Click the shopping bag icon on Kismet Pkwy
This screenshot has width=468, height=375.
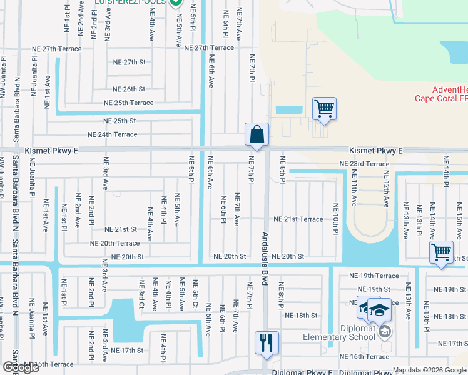coord(257,134)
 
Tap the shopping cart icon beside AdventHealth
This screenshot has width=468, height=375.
coord(324,109)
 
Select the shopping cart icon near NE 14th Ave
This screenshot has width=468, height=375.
coord(442,253)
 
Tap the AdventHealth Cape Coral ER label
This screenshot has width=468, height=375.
coord(440,94)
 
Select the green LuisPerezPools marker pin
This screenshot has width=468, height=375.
coord(176,3)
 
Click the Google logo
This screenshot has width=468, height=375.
coord(21,367)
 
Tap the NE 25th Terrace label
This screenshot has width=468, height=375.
coord(128,102)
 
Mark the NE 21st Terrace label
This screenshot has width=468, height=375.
coord(298,219)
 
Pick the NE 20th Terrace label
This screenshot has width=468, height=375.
coord(114,243)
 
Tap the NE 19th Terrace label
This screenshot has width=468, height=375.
coord(374,276)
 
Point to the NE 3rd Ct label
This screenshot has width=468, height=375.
coord(141,294)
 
